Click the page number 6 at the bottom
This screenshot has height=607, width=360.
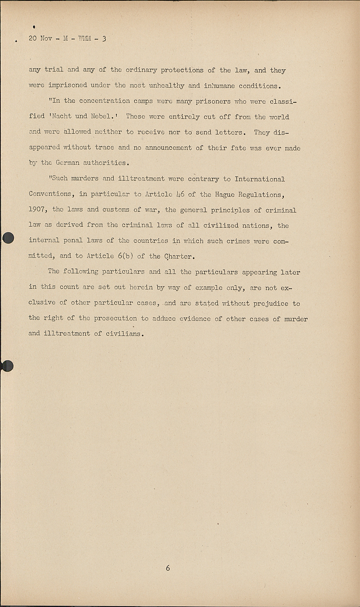[x=168, y=568]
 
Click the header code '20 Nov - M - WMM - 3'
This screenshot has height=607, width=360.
[x=68, y=39]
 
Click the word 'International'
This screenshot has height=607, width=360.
[x=260, y=179]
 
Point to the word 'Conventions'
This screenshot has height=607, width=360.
[x=51, y=194]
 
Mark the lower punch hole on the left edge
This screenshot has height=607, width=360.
[x=7, y=366]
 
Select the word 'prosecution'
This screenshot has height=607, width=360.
[x=115, y=318]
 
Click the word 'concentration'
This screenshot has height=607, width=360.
[x=104, y=101]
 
